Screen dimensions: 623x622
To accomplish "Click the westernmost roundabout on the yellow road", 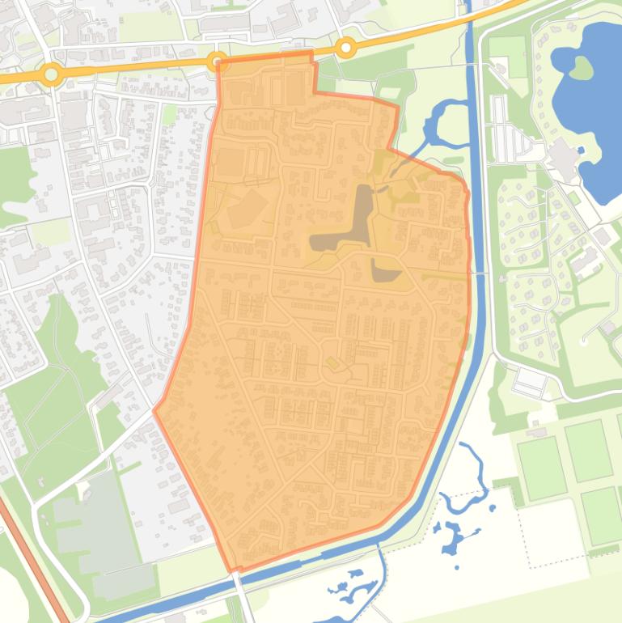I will click(x=51, y=74).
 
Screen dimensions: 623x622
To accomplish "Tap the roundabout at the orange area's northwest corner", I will click(x=217, y=61).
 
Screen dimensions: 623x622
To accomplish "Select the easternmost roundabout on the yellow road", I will click(x=346, y=48).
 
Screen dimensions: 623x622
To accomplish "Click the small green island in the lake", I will click(x=580, y=68).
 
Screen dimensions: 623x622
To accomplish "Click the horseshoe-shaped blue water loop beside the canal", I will click(x=441, y=121).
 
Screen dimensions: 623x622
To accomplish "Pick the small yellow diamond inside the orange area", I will click(x=332, y=364).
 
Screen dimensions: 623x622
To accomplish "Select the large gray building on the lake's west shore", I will click(x=563, y=158).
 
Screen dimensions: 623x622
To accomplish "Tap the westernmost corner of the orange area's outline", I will click(x=154, y=411).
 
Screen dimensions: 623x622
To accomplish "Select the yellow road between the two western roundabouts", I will click(x=133, y=69).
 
